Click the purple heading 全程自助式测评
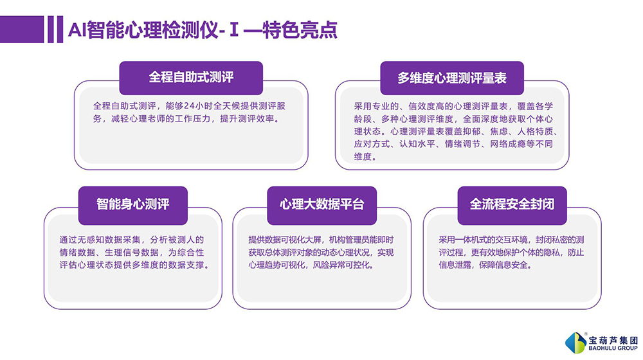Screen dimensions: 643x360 (191, 77)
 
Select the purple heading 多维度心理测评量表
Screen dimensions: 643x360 (452, 78)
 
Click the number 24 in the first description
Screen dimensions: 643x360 (188, 106)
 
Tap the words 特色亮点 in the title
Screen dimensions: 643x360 (300, 30)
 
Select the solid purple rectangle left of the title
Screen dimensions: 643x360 (22, 29)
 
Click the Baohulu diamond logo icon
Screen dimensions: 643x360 (575, 343)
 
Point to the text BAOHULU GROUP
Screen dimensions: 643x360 (613, 348)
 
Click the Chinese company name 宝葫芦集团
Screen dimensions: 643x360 (613, 340)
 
